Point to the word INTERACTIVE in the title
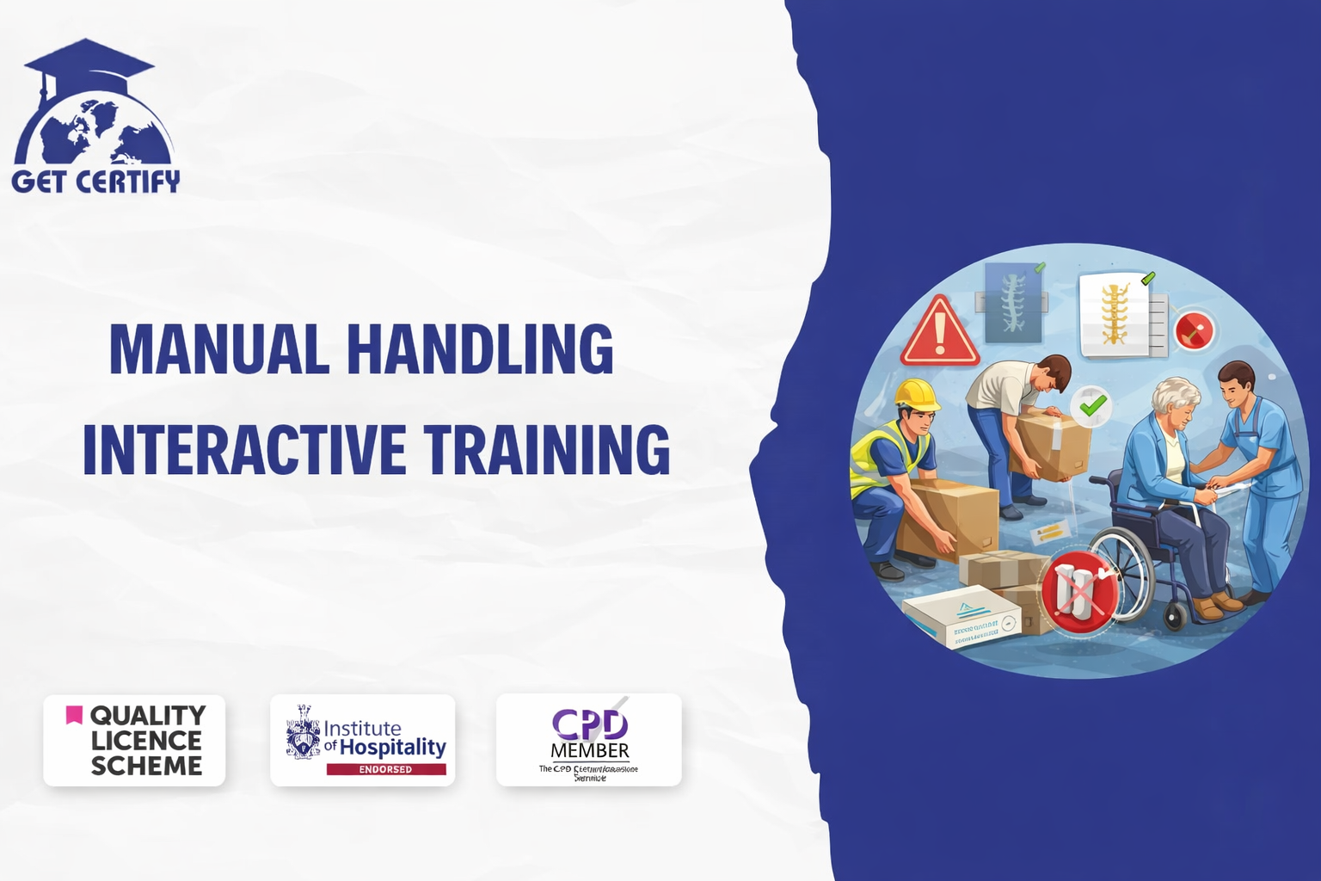[244, 449]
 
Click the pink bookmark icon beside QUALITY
[75, 715]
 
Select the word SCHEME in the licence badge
[146, 766]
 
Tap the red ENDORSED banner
[385, 769]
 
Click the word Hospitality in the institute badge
[393, 748]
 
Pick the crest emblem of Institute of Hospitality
[303, 733]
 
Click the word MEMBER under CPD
[590, 751]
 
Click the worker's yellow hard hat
[917, 395]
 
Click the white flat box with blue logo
[962, 617]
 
